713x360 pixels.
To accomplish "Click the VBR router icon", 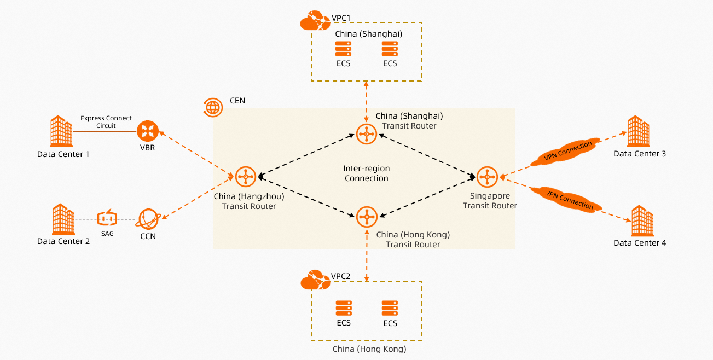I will [147, 131].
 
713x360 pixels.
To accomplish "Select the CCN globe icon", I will [148, 219].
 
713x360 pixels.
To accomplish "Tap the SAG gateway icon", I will [107, 218].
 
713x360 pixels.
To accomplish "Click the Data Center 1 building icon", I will [61, 131].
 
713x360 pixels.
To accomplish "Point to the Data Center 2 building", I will [63, 219].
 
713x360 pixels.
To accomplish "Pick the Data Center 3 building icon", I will [638, 131].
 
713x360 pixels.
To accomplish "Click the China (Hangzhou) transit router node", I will [246, 176].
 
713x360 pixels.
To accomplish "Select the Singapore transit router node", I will [487, 176].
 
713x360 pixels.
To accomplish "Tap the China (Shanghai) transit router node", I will [366, 134].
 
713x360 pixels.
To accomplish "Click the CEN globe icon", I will [213, 107].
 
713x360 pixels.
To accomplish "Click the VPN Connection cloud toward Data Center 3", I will [568, 152].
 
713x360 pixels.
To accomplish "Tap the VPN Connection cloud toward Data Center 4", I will [569, 198].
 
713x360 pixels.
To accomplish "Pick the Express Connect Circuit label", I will [98, 121].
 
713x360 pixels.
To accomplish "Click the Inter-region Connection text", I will [366, 173].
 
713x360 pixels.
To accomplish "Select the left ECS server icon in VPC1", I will [343, 49].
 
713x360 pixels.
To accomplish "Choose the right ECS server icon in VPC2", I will [390, 308].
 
